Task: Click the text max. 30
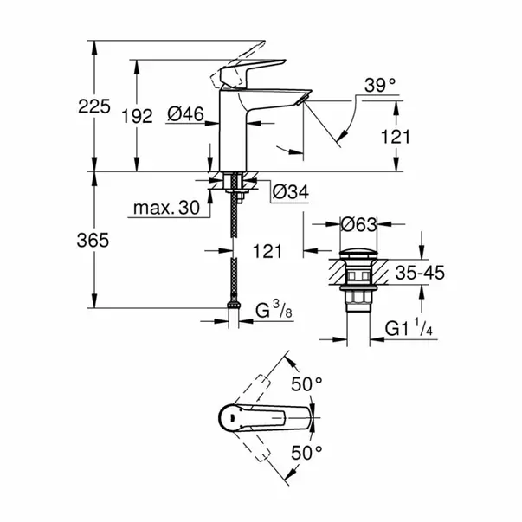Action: click(167, 208)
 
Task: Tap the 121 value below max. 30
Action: click(269, 251)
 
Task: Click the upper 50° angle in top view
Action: click(306, 382)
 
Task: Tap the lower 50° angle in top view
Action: click(306, 452)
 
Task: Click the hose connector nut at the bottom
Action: click(233, 306)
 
